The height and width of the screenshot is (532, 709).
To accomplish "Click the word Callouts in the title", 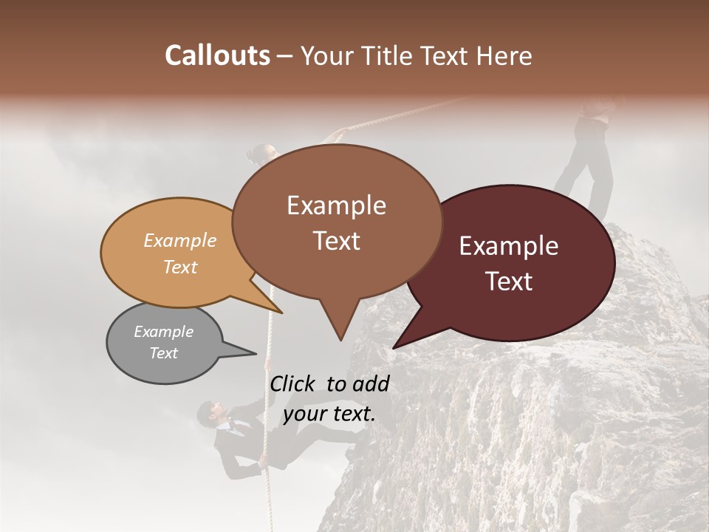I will [x=217, y=55].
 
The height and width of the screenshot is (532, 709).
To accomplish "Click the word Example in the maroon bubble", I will [x=509, y=246].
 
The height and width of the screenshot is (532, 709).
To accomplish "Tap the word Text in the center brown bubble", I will [x=337, y=240].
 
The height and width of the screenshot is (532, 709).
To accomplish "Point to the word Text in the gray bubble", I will [x=164, y=353].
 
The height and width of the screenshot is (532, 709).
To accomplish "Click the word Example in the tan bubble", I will [x=180, y=241].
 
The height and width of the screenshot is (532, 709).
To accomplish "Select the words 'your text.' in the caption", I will [x=329, y=414].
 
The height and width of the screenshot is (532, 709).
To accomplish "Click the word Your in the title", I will [x=326, y=55].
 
